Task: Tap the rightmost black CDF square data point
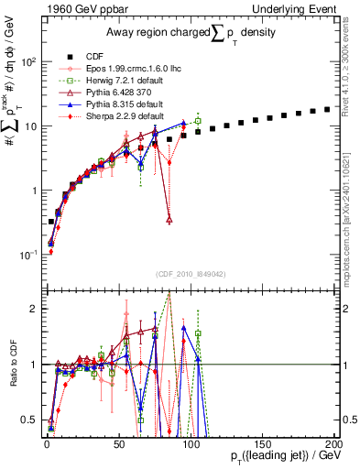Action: [326, 109]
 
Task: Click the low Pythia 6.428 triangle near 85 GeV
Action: [169, 220]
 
